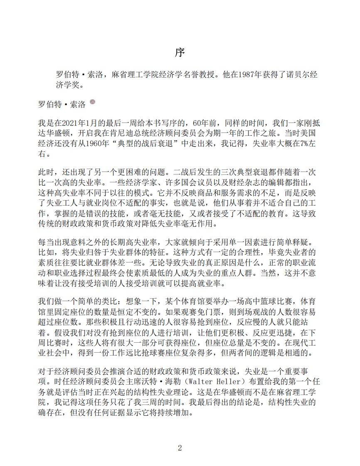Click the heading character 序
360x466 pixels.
click(180, 53)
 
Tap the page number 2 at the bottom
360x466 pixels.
click(180, 448)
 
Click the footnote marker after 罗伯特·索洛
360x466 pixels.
click(92, 102)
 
